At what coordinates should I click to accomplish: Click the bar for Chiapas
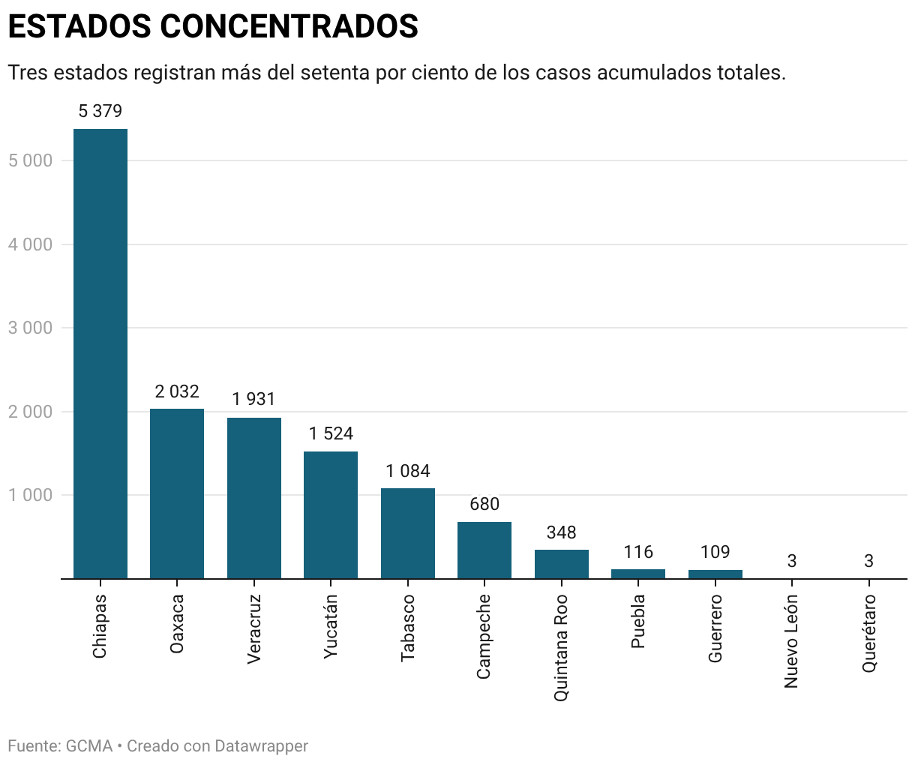click(100, 353)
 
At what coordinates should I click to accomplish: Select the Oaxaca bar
click(177, 493)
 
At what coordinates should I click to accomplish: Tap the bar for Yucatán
click(331, 514)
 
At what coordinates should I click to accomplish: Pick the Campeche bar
click(484, 550)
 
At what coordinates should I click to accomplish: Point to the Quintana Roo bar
click(561, 564)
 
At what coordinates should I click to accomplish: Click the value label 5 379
click(100, 112)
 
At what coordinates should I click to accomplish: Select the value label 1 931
click(253, 400)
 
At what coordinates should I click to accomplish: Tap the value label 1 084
click(407, 472)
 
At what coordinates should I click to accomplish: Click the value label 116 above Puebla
click(638, 553)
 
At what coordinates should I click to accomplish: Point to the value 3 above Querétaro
click(868, 561)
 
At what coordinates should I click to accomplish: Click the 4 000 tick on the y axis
click(31, 244)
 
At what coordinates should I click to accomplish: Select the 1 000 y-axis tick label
click(31, 496)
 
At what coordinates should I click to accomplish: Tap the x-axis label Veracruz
click(254, 628)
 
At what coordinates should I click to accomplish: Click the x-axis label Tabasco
click(408, 628)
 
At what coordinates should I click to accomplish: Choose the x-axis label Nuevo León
click(791, 641)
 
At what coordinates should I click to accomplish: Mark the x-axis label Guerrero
click(715, 628)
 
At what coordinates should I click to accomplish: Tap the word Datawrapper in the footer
click(261, 746)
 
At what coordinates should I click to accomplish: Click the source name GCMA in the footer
click(88, 746)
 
